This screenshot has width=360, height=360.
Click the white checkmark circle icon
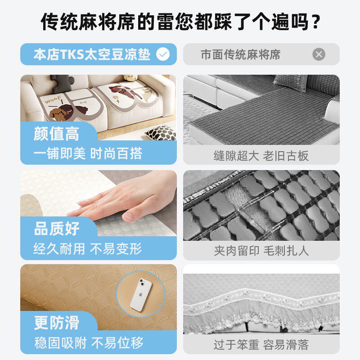162,54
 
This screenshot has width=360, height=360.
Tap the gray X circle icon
319,54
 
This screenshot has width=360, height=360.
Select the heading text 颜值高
56,134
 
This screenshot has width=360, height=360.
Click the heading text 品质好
57,229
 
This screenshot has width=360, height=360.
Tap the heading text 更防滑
57,323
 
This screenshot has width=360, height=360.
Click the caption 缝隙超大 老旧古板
261,156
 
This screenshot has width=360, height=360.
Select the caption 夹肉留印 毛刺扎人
261,251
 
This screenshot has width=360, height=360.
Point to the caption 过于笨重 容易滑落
261,345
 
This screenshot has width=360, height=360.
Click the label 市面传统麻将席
240,55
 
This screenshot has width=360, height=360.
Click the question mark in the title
316,22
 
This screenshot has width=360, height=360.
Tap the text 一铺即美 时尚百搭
88,154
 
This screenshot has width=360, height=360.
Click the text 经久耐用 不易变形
88,248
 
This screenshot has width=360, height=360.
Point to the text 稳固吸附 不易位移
88,343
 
